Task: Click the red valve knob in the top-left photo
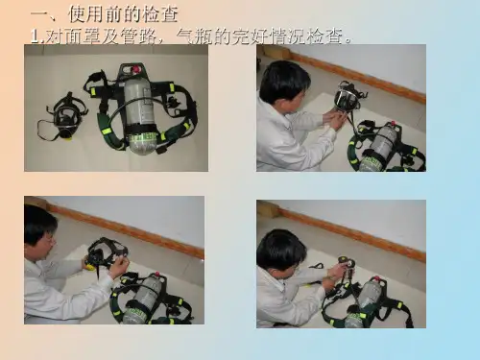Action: [x=135, y=70]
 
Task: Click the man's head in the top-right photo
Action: [x=284, y=84]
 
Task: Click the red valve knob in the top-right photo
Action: [x=393, y=124]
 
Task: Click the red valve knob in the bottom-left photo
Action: [x=157, y=275]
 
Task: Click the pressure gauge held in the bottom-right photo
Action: [x=345, y=263]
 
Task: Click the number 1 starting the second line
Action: [x=35, y=36]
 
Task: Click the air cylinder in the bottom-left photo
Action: [x=141, y=300]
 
